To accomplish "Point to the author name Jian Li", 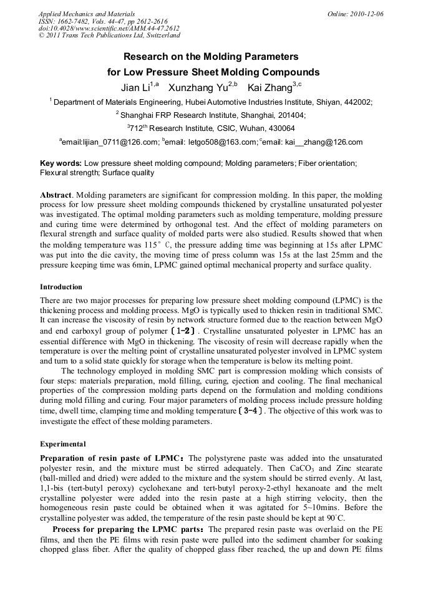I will (x=135, y=88).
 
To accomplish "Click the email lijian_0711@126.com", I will (x=110, y=142).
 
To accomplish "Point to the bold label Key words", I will (x=61, y=163).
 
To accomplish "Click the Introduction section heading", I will (x=61, y=287).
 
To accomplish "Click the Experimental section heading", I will (x=63, y=445).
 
